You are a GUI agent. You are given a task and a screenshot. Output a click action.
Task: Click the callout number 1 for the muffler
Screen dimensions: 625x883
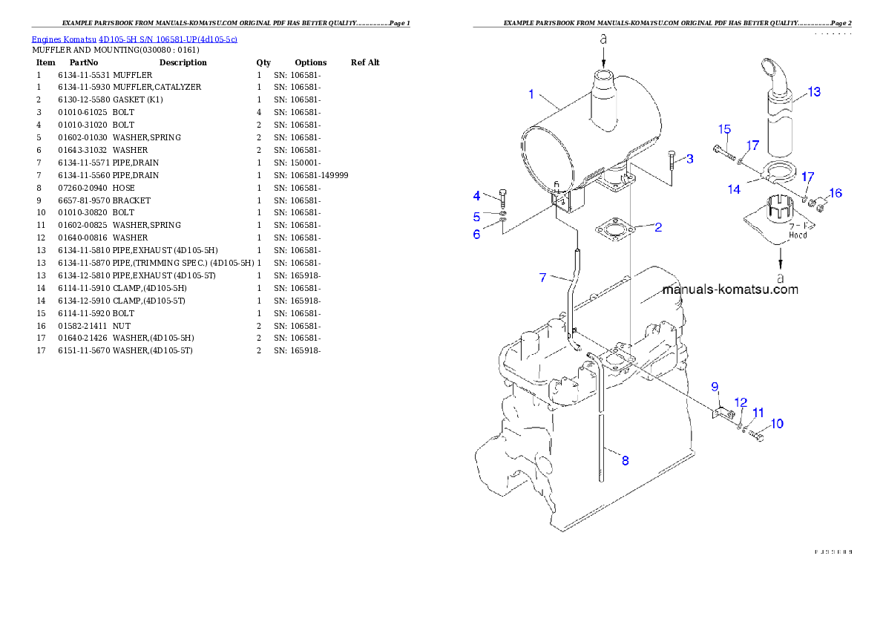pyautogui.click(x=531, y=94)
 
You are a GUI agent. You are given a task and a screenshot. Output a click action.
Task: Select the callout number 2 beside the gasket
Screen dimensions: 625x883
pyautogui.click(x=657, y=227)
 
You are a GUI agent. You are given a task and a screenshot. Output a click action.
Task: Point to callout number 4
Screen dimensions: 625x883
pyautogui.click(x=477, y=196)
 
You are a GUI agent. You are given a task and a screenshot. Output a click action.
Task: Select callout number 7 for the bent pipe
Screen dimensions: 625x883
pyautogui.click(x=543, y=278)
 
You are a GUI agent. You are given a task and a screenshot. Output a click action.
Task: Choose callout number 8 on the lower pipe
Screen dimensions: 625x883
pyautogui.click(x=625, y=461)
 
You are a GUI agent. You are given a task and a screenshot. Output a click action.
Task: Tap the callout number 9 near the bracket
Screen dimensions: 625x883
pyautogui.click(x=715, y=386)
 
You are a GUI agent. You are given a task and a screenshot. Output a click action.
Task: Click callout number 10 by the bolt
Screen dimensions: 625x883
pyautogui.click(x=776, y=424)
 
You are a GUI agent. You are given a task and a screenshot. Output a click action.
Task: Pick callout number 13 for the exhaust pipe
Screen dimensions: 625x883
pyautogui.click(x=814, y=92)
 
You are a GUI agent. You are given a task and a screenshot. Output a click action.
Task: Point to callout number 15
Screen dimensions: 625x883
pyautogui.click(x=723, y=129)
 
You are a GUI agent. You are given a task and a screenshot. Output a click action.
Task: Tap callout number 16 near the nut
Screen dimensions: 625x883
pyautogui.click(x=836, y=193)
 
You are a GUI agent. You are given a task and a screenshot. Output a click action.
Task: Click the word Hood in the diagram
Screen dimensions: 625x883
pyautogui.click(x=798, y=235)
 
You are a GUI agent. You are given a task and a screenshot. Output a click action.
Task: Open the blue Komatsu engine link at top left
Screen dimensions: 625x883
pyautogui.click(x=134, y=39)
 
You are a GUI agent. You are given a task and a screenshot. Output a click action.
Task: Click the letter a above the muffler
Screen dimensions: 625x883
pyautogui.click(x=603, y=39)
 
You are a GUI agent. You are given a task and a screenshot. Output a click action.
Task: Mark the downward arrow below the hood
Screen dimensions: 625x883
pyautogui.click(x=780, y=258)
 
